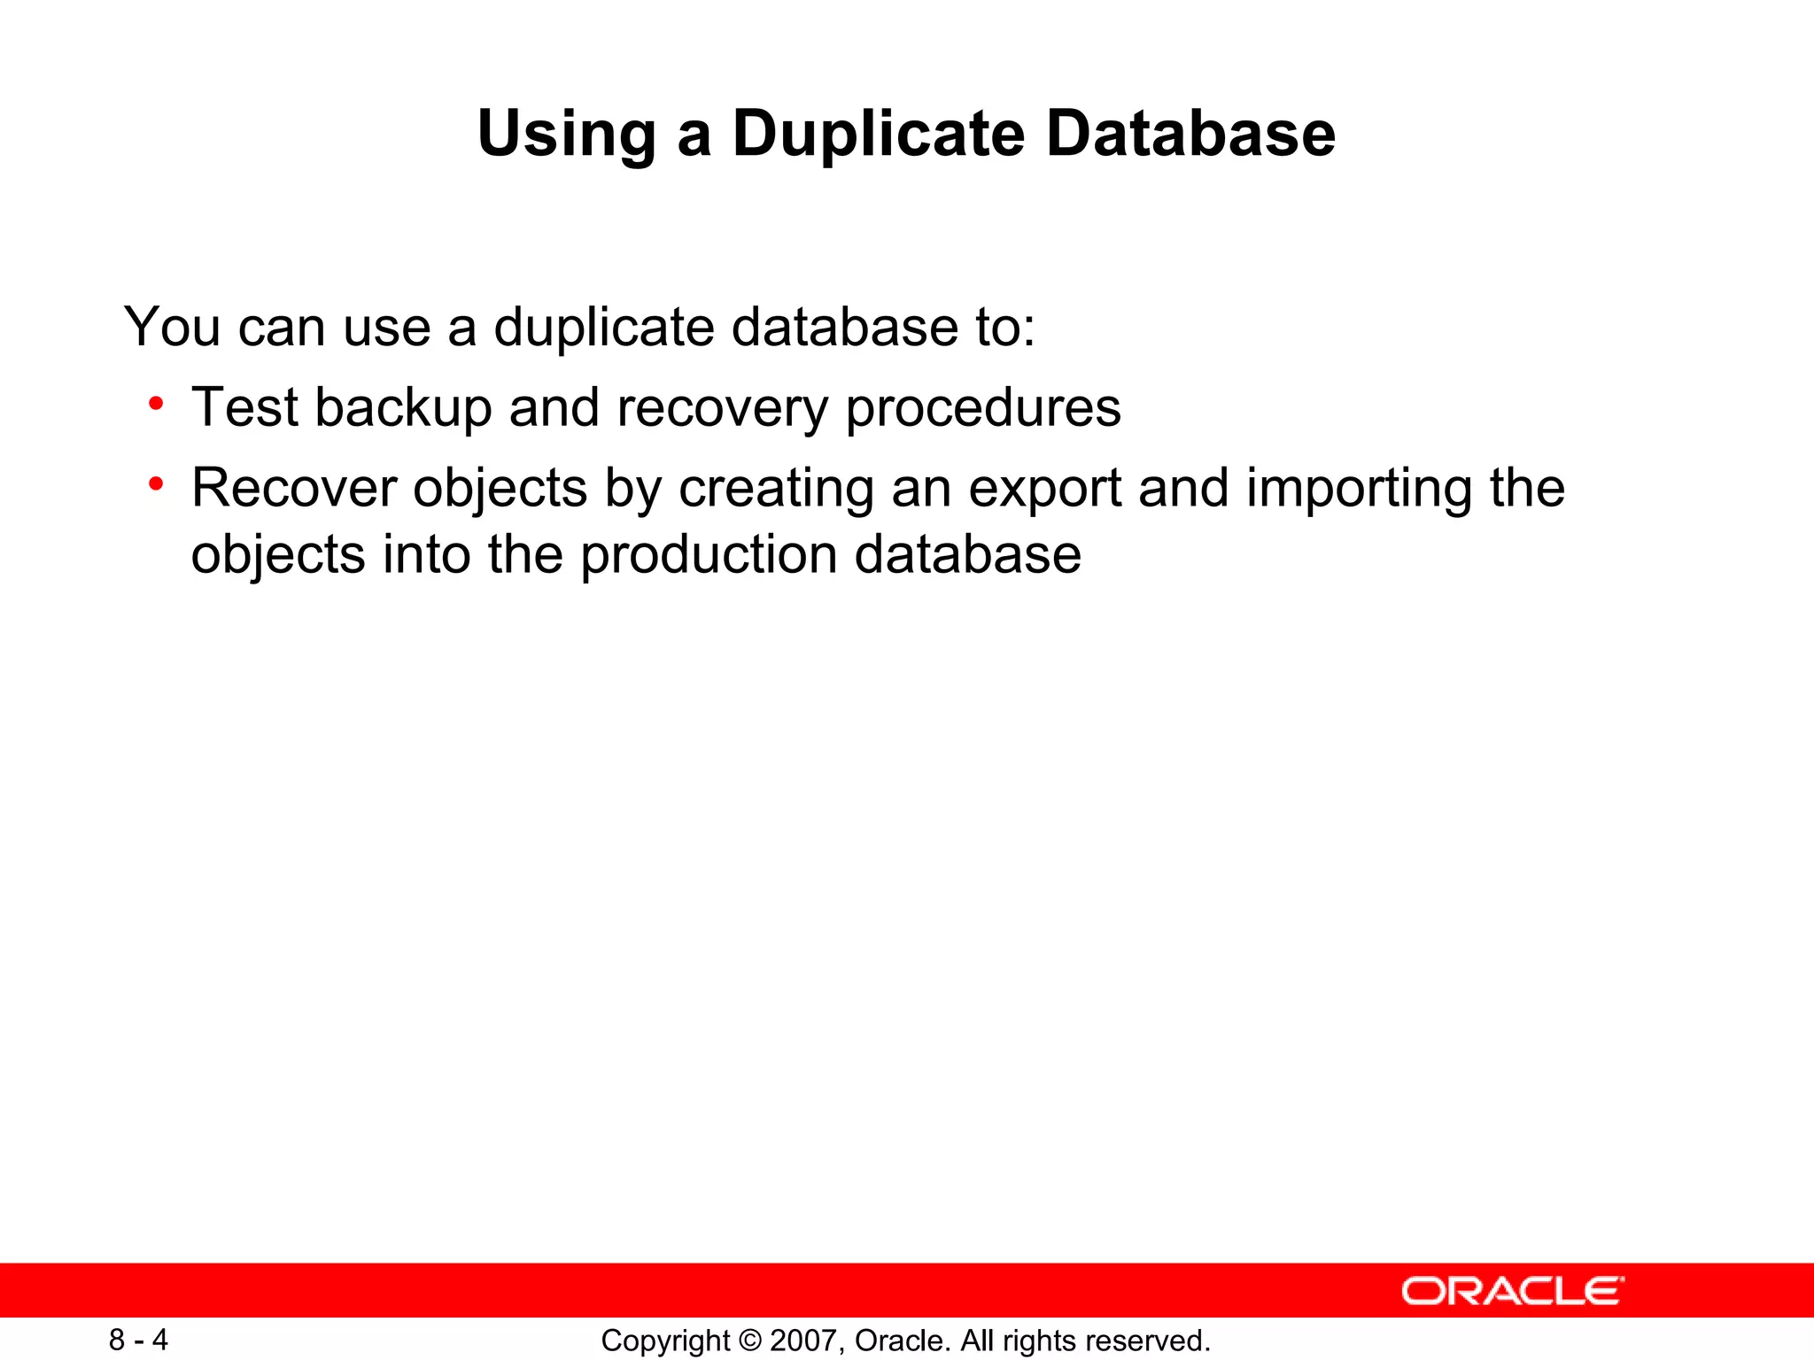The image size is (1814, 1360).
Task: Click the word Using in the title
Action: pyautogui.click(x=566, y=135)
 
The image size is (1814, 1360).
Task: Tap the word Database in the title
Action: pyautogui.click(x=1190, y=135)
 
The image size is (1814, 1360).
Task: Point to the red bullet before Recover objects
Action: pyautogui.click(x=157, y=484)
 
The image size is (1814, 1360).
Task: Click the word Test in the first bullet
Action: pyautogui.click(x=244, y=408)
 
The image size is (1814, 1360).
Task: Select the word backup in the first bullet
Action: pyautogui.click(x=403, y=408)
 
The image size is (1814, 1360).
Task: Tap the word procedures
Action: pyautogui.click(x=983, y=408)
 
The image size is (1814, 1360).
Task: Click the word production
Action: pyautogui.click(x=709, y=556)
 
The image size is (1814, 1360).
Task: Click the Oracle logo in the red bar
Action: pyautogui.click(x=1512, y=1292)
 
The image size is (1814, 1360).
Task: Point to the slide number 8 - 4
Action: pyautogui.click(x=138, y=1340)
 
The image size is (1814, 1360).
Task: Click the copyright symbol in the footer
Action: pyautogui.click(x=749, y=1341)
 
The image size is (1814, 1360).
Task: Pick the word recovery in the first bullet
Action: pyautogui.click(x=721, y=408)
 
